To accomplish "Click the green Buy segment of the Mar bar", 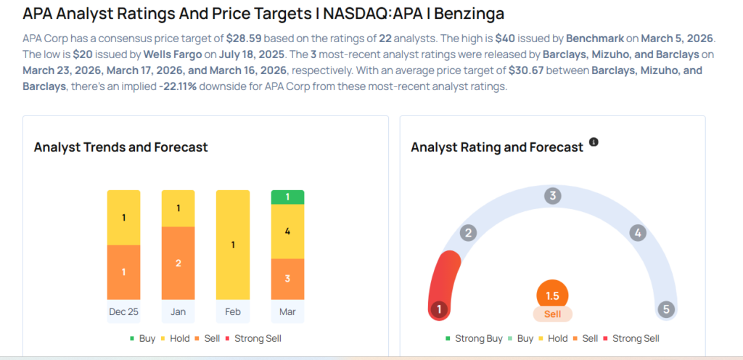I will click(x=287, y=197).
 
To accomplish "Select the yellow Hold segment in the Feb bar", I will click(x=233, y=245).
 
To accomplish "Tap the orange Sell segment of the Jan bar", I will click(x=178, y=263).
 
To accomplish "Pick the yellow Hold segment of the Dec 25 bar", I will click(x=124, y=218).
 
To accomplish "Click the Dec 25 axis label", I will click(x=124, y=311).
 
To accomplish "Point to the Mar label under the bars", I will click(x=287, y=311).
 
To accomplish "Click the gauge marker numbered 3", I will click(x=553, y=196).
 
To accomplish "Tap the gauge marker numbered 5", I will click(x=665, y=310).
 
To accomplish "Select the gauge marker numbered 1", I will click(x=438, y=310).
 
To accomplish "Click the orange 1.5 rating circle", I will click(x=552, y=295).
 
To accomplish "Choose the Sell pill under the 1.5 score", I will click(x=552, y=314).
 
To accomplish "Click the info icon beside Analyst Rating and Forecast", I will click(x=594, y=142).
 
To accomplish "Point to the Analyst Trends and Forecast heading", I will click(x=120, y=147).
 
